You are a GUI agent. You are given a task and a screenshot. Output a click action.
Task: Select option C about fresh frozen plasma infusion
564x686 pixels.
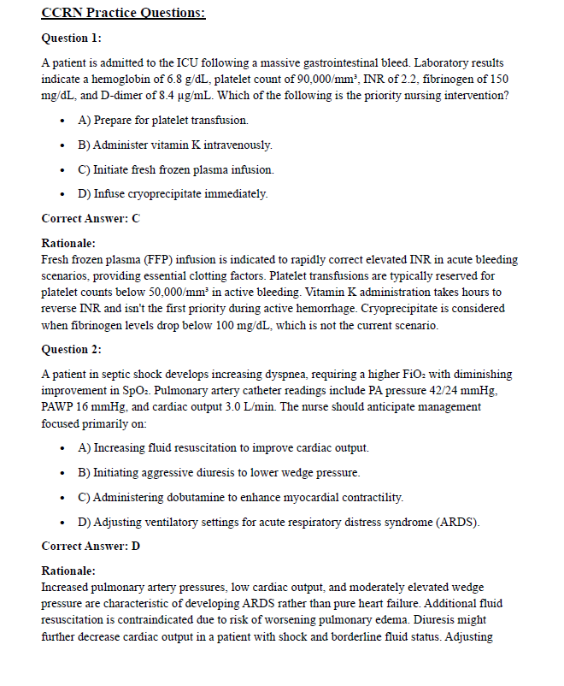click(175, 169)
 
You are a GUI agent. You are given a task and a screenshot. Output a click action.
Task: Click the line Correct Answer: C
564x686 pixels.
click(90, 218)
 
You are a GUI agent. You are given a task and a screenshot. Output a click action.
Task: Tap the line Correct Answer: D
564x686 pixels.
click(90, 546)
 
